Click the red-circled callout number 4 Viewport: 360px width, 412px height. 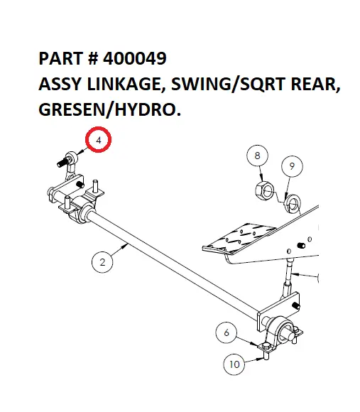point(99,141)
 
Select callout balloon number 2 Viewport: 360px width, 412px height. point(102,262)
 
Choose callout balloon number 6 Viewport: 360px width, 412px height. point(227,332)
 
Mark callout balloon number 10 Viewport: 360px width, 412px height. point(234,364)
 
